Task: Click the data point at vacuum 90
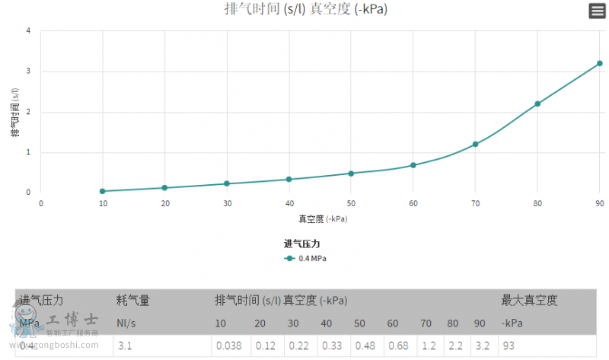(599, 63)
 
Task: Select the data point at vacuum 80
(537, 104)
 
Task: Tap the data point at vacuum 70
(475, 144)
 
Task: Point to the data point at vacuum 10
(103, 191)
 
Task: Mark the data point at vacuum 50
(351, 173)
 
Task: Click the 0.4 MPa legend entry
(306, 258)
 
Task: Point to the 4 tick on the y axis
(28, 31)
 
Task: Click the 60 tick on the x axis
(413, 203)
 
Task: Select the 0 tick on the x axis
(41, 203)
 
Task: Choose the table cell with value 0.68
(397, 346)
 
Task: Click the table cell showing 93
(509, 346)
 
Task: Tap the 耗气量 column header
(133, 301)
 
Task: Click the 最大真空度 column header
(529, 301)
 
